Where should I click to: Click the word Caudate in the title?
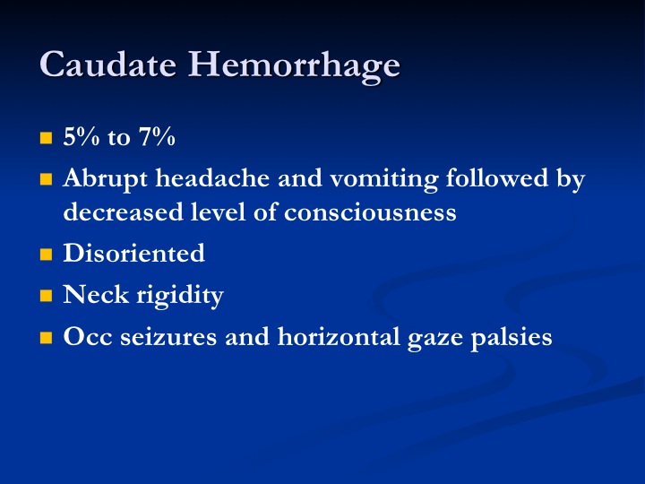108,64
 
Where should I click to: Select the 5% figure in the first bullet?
82,136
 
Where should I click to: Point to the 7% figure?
157,136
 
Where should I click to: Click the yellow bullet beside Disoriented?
46,254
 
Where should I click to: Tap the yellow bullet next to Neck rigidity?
46,296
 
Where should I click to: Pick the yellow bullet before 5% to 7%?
46,137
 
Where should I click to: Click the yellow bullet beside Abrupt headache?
46,179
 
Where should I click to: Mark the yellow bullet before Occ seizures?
46,338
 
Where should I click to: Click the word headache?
212,177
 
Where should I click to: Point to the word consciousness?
370,212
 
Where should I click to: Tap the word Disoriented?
134,252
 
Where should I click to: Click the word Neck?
96,294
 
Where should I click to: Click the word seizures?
168,337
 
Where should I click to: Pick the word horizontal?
339,336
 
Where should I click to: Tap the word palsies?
512,338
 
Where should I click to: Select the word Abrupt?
106,179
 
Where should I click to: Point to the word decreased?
123,212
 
